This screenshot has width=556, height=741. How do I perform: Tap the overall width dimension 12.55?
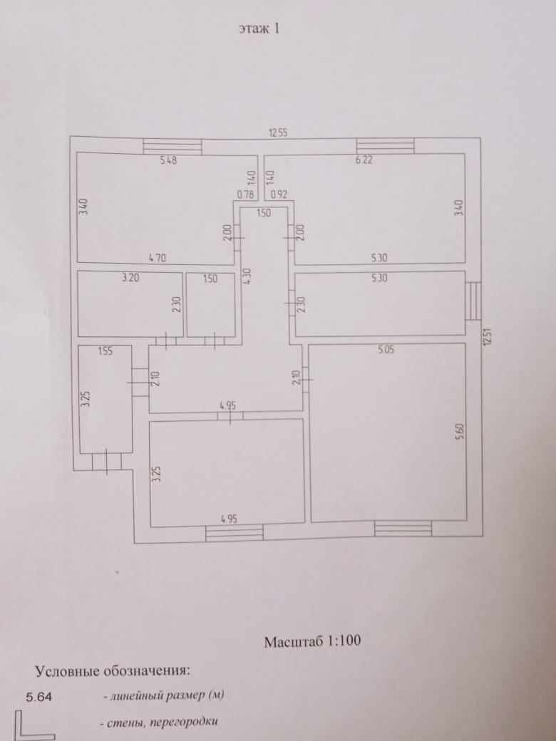(x=277, y=133)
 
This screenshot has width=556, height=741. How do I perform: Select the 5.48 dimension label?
(x=168, y=160)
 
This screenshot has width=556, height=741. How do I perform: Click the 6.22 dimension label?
(x=364, y=160)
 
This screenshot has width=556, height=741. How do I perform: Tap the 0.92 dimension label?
(x=278, y=194)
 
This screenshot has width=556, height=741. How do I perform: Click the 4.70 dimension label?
(x=158, y=258)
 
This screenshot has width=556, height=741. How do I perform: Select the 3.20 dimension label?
(x=130, y=279)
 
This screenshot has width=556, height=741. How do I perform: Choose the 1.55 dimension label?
(x=106, y=351)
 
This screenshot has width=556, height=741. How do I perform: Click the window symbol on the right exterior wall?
(x=473, y=300)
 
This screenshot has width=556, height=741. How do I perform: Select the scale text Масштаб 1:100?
(x=312, y=641)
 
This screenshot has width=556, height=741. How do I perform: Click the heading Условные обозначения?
(x=113, y=670)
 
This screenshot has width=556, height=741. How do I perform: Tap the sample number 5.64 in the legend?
(x=38, y=697)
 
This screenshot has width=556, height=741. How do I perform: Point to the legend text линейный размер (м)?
(x=168, y=695)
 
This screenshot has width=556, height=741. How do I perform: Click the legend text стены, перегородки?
(x=160, y=722)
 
